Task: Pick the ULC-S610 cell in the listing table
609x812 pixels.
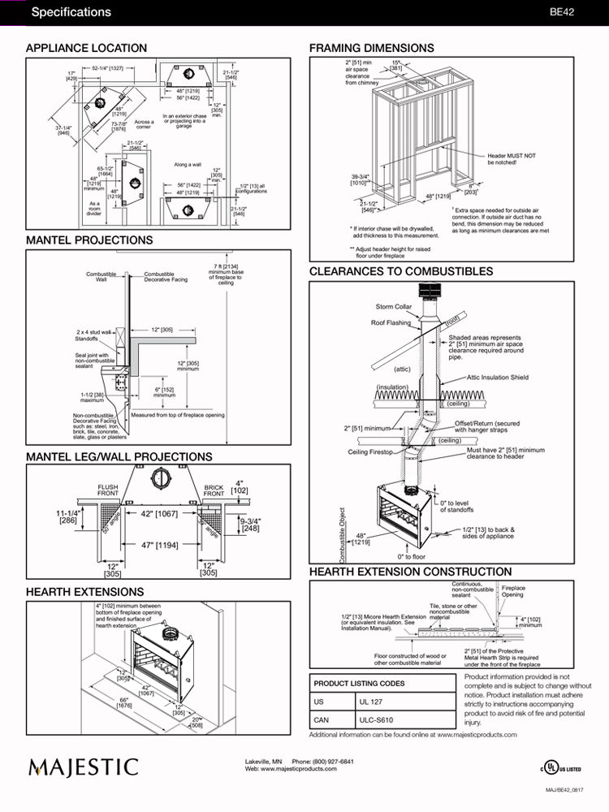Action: (375, 719)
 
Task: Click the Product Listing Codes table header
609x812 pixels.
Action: (359, 683)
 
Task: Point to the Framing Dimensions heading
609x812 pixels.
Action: (371, 49)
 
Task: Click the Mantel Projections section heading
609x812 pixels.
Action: (89, 240)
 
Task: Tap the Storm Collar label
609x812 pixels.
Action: (393, 308)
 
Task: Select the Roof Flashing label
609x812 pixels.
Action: (391, 323)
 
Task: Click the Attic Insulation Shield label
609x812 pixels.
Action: (498, 378)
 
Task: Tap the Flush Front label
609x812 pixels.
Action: (108, 490)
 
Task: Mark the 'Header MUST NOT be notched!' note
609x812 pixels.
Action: (512, 159)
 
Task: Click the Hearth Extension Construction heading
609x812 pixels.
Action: (410, 572)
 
